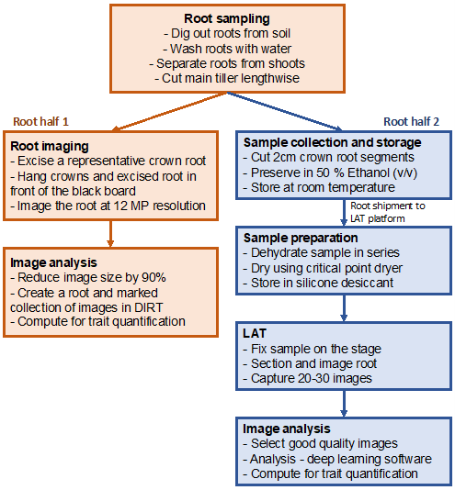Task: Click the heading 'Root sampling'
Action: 227,17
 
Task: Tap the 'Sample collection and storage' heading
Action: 332,142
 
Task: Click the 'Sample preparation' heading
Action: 300,236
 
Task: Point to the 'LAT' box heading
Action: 255,331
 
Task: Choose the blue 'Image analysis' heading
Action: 287,427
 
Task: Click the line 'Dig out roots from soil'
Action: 227,33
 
